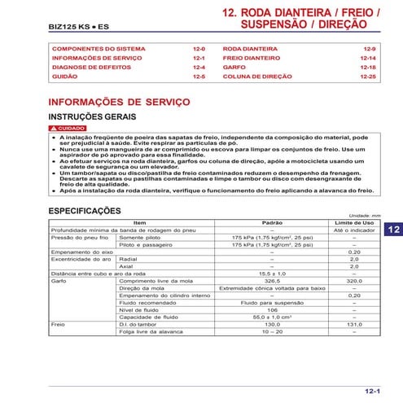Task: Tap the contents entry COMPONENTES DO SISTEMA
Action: (x=99, y=50)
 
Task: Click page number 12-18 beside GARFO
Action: (x=368, y=68)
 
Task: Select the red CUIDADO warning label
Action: (x=68, y=129)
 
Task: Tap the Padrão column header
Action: (x=272, y=222)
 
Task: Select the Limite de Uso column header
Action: (x=355, y=222)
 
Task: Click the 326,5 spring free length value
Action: (x=272, y=280)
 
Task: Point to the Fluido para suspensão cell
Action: (x=272, y=302)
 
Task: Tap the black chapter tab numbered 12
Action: (x=392, y=230)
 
